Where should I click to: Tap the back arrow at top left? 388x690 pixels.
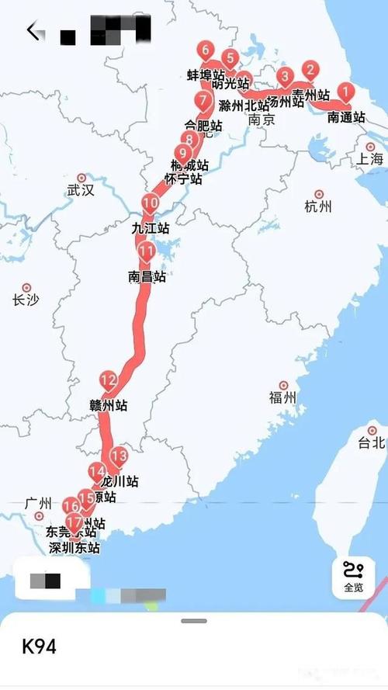click(33, 31)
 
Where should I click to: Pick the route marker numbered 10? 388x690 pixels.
click(150, 204)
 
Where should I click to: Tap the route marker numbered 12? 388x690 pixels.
click(108, 381)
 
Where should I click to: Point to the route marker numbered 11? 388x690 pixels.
click(147, 251)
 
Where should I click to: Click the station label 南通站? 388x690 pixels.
click(346, 118)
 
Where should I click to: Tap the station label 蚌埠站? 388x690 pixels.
click(206, 75)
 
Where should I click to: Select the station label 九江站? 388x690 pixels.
click(151, 228)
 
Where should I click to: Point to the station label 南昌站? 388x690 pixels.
click(147, 276)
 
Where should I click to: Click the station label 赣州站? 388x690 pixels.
click(109, 405)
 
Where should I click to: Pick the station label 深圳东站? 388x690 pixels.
click(72, 547)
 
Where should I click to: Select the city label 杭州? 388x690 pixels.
click(318, 206)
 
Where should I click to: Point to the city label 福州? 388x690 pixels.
click(282, 397)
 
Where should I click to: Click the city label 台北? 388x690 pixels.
click(371, 443)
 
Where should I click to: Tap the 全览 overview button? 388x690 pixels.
click(353, 578)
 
